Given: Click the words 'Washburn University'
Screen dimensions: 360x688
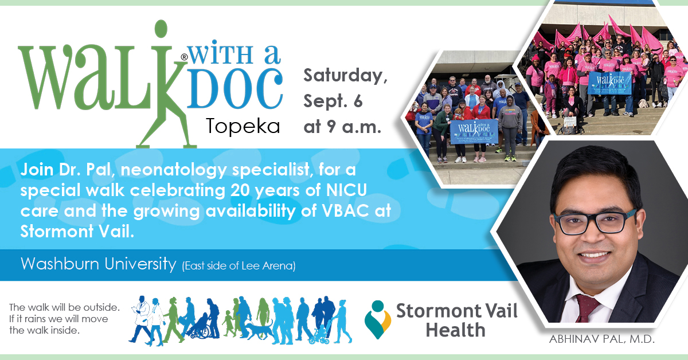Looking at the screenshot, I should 97,264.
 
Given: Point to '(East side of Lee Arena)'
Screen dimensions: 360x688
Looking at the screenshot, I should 239,266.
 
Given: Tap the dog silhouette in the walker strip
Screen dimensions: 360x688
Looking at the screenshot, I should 259,331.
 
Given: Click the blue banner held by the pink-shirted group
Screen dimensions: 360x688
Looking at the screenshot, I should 609,82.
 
